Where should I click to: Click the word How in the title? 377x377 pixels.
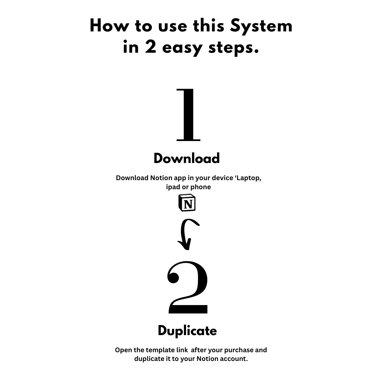(x=109, y=25)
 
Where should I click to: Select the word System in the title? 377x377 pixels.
(x=261, y=27)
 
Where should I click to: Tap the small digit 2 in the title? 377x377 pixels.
(x=150, y=47)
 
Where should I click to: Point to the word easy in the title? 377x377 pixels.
(x=182, y=49)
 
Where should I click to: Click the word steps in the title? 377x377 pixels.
(x=234, y=48)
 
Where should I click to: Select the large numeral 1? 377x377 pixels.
(x=188, y=115)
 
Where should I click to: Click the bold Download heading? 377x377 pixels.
(x=186, y=158)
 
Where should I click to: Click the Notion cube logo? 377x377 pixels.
(x=187, y=203)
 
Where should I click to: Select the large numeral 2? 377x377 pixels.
(x=188, y=288)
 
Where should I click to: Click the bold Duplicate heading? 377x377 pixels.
(x=187, y=331)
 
